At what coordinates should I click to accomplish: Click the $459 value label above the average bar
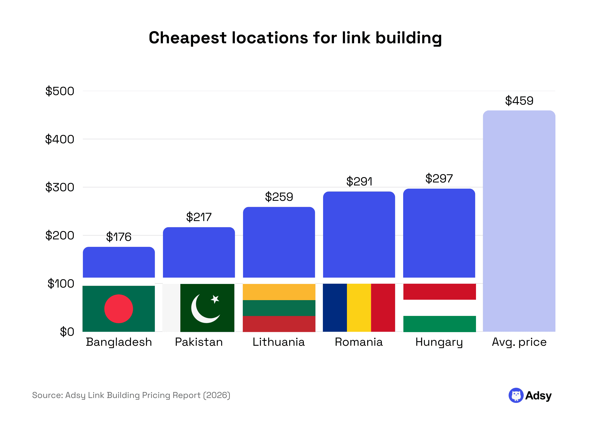point(519,101)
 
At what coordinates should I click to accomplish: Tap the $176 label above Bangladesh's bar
point(119,237)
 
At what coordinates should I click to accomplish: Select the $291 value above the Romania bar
point(359,181)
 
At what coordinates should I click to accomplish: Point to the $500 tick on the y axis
point(60,91)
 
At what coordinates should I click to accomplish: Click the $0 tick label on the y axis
point(67,332)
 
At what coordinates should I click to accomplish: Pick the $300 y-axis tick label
point(60,187)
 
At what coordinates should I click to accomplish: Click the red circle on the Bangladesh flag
point(119,309)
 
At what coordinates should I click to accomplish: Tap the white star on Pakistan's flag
point(215,299)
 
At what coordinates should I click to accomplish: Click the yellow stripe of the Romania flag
point(359,308)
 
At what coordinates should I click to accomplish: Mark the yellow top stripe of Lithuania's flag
point(279,292)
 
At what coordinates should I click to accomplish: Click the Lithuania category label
point(279,342)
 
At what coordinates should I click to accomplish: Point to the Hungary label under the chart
point(439,342)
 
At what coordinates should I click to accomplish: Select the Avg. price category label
point(519,342)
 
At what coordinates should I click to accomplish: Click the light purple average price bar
point(519,220)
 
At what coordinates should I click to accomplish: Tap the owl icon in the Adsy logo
point(516,395)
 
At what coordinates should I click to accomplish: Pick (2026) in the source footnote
point(217,395)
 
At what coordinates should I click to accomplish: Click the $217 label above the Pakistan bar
point(199,217)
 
